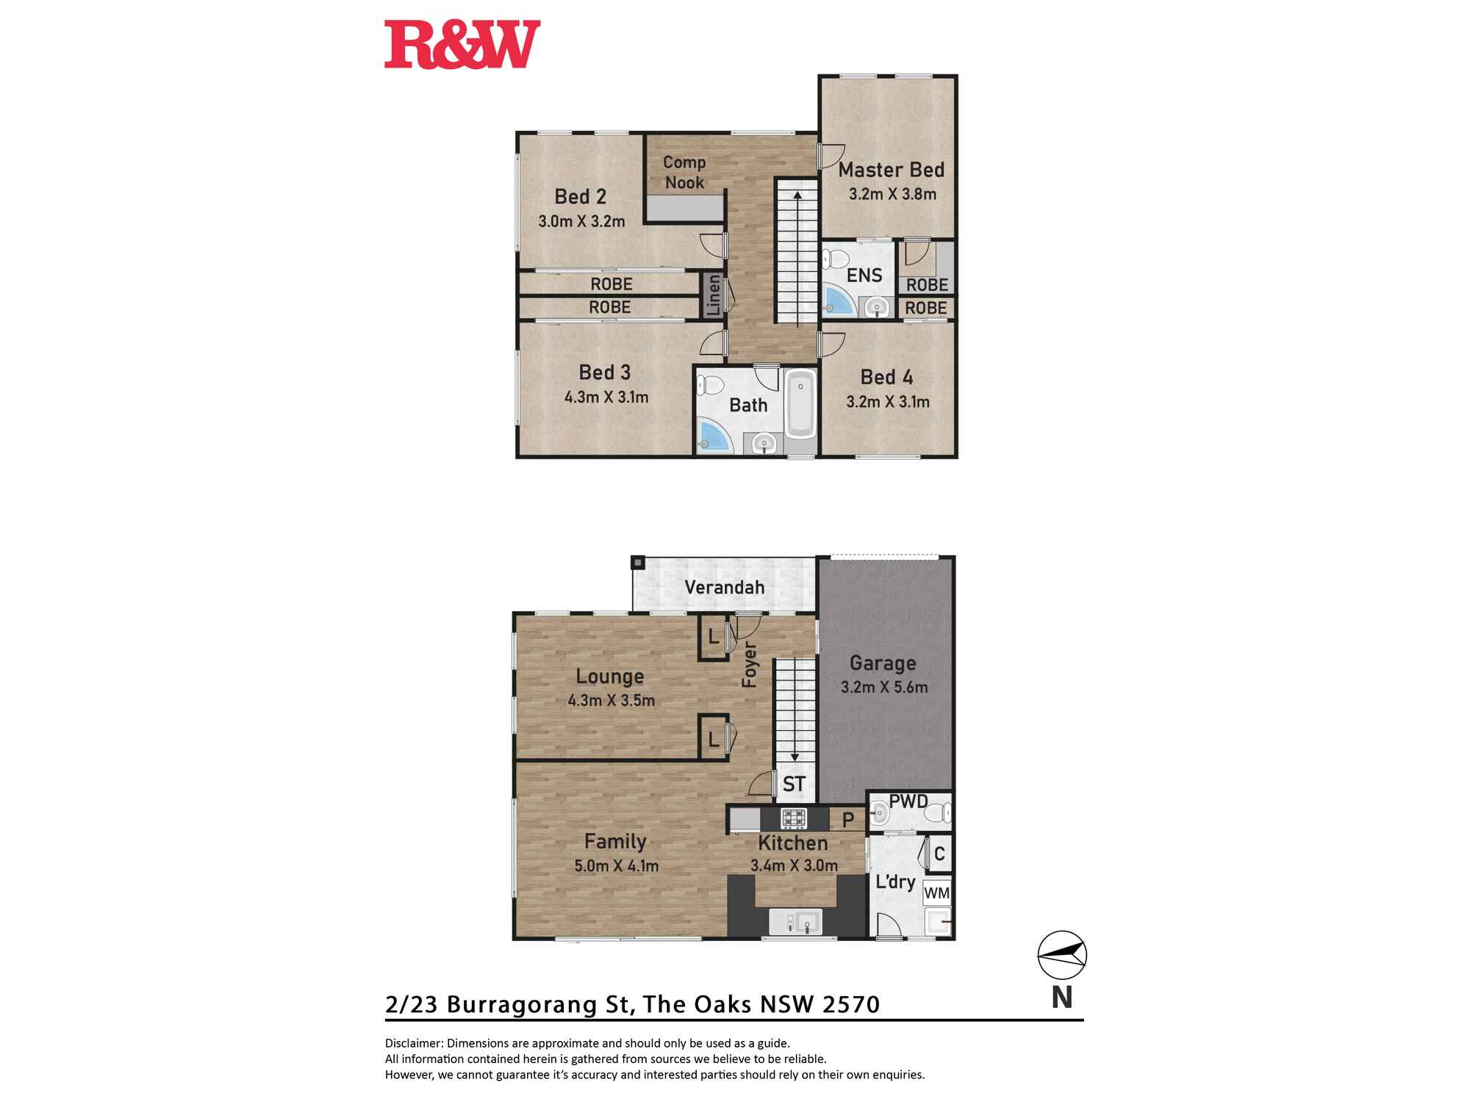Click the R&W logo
click(x=462, y=45)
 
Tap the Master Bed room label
click(x=891, y=170)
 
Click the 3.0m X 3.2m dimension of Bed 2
click(x=581, y=221)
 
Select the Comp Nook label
click(x=684, y=172)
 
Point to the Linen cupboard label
click(x=713, y=295)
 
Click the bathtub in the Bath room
click(x=800, y=404)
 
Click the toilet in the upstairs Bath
click(x=710, y=384)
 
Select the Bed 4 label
click(x=886, y=377)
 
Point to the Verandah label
click(x=724, y=587)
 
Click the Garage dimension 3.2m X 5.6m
click(x=884, y=688)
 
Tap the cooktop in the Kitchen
click(x=794, y=818)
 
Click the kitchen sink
click(x=796, y=921)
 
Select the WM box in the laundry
click(x=936, y=893)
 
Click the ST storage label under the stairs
click(x=794, y=784)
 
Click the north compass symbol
click(x=1061, y=954)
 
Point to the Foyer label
click(x=749, y=664)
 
